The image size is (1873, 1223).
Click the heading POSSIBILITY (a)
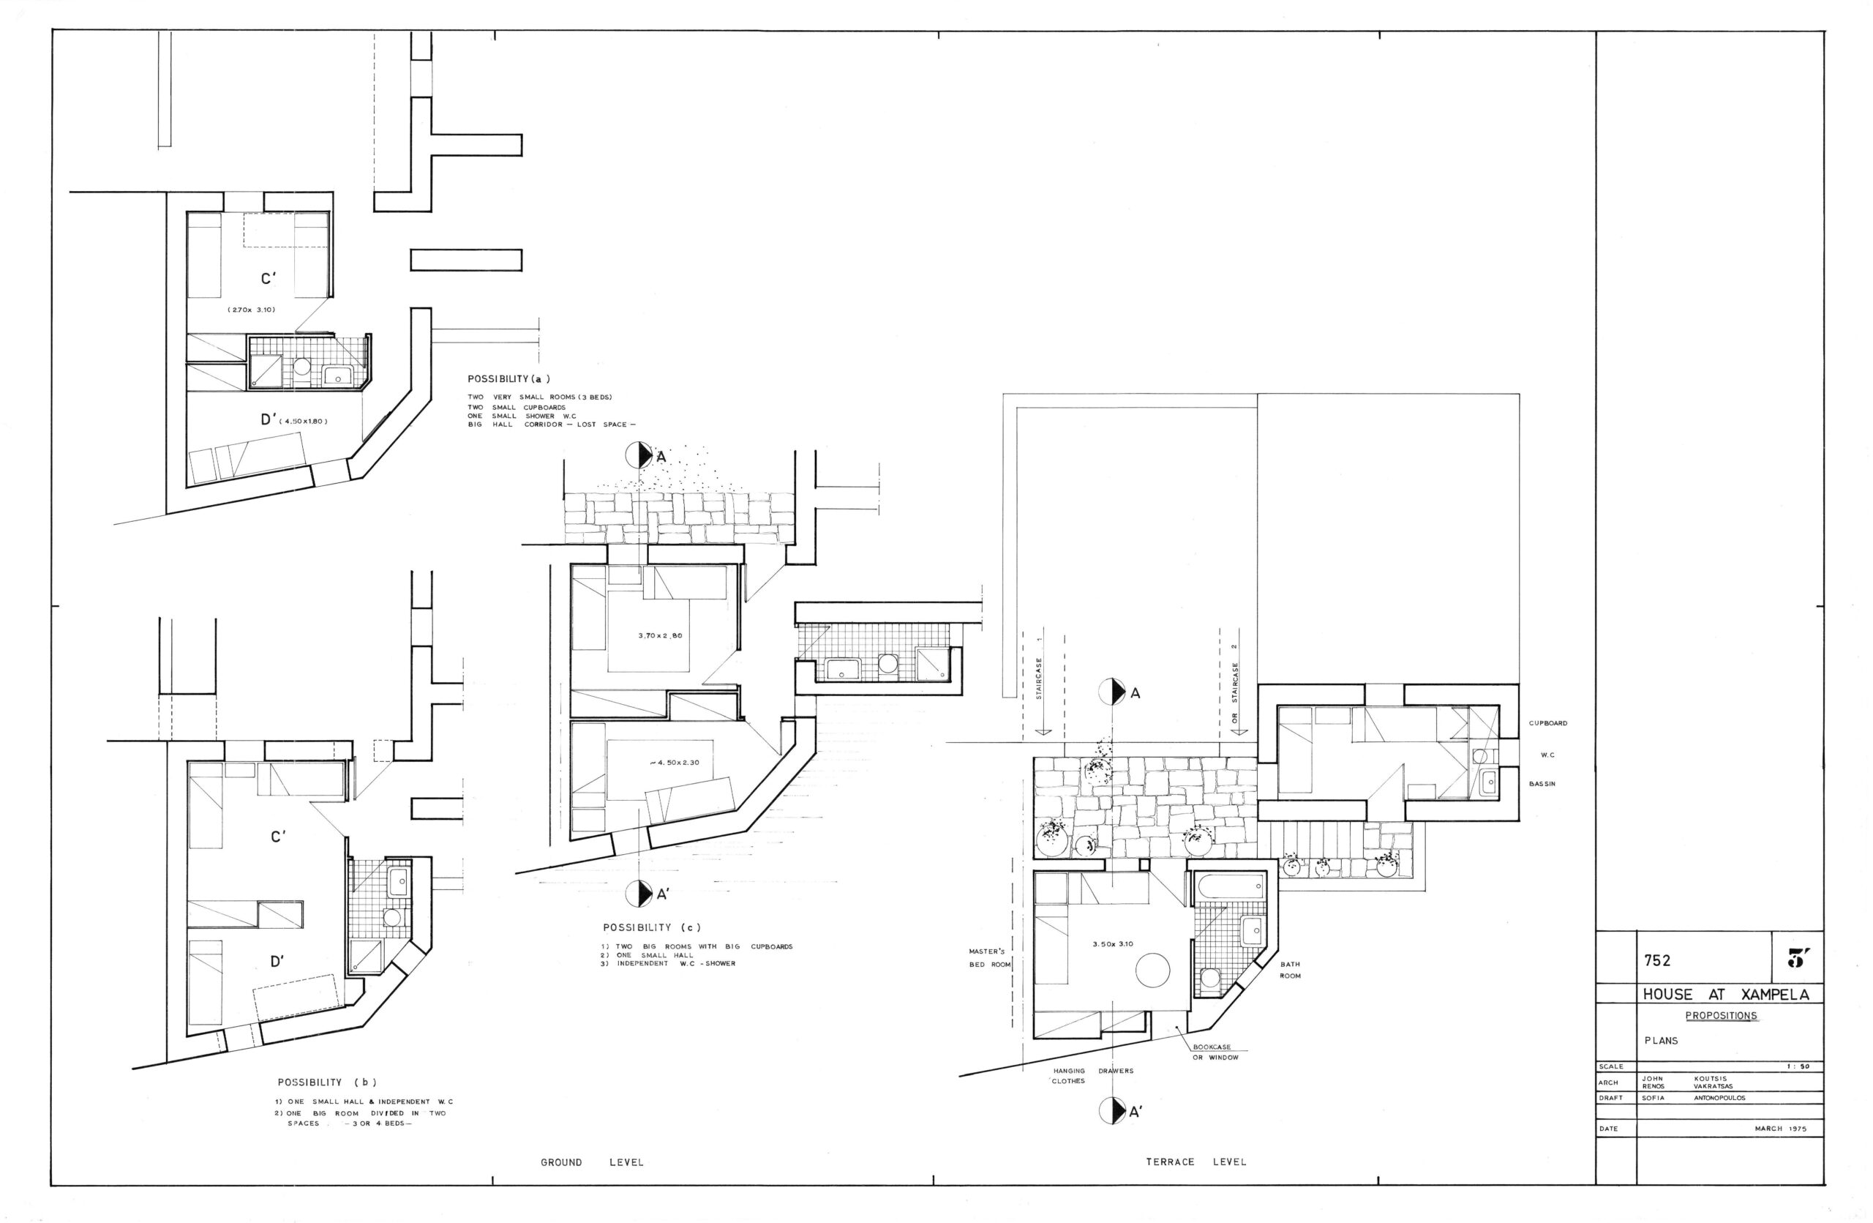(x=508, y=378)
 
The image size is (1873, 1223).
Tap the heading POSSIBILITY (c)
(x=652, y=927)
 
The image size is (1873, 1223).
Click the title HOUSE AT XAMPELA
(x=1725, y=995)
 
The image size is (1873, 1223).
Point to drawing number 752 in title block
(x=1656, y=960)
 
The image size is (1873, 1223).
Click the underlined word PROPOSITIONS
(x=1720, y=1016)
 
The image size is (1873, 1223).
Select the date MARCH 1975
(x=1780, y=1129)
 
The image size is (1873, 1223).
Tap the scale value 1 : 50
(x=1798, y=1066)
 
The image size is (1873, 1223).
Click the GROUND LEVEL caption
(x=592, y=1162)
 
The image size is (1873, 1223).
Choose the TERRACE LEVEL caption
(x=1196, y=1162)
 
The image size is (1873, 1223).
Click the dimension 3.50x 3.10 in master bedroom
(x=1113, y=943)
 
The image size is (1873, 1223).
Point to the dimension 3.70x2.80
(x=659, y=635)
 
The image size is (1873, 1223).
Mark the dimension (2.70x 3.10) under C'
(x=251, y=310)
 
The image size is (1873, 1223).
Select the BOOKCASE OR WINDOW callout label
(x=1215, y=1052)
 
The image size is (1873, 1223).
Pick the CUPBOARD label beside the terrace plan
(x=1548, y=723)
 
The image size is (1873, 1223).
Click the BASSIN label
(x=1542, y=784)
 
